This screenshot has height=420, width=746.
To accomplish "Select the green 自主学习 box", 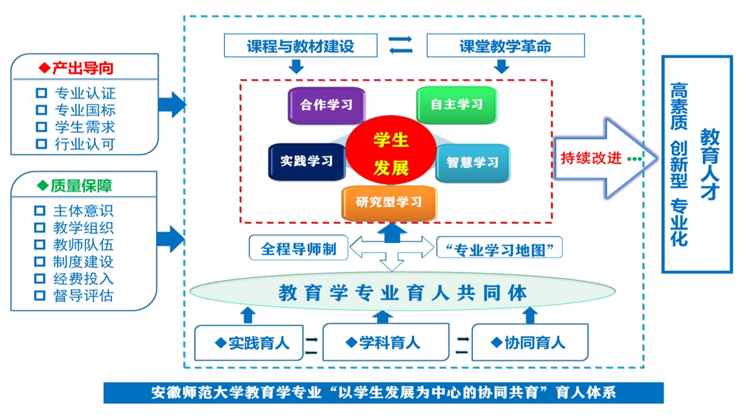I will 456,105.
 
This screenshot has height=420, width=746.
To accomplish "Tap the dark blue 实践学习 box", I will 307,162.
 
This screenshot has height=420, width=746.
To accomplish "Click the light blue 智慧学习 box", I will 473,163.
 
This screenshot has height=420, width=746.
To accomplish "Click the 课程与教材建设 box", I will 301,46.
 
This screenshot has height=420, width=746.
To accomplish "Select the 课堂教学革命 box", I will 505,46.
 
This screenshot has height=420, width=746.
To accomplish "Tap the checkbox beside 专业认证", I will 41,93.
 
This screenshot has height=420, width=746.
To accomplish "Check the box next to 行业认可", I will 41,143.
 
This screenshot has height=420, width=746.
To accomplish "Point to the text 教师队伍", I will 83,245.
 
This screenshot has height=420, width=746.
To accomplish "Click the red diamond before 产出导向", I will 45,68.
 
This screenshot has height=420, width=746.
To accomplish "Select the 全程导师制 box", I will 298,249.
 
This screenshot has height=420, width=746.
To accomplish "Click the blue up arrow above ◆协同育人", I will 530,315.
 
